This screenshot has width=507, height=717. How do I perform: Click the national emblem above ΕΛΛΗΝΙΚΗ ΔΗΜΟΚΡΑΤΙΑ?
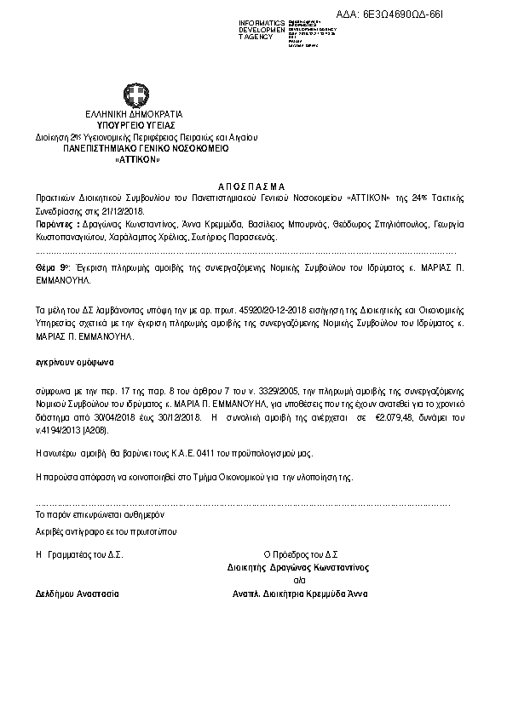coord(135,95)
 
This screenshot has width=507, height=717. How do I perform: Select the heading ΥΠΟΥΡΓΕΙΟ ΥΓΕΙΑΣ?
coord(135,124)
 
